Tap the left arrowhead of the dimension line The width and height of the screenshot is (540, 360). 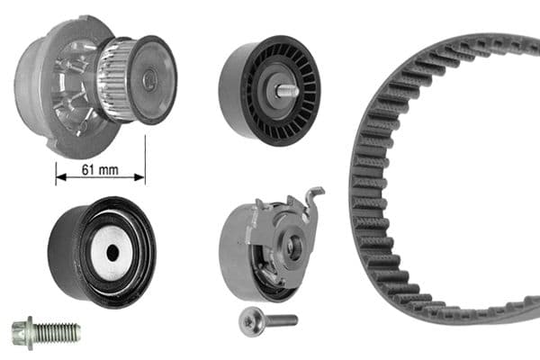(x=60, y=178)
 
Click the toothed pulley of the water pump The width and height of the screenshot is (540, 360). (x=115, y=79)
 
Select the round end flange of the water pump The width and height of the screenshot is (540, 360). (x=153, y=78)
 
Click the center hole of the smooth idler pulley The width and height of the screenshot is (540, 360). (x=112, y=253)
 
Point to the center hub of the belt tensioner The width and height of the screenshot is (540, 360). (x=293, y=249)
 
